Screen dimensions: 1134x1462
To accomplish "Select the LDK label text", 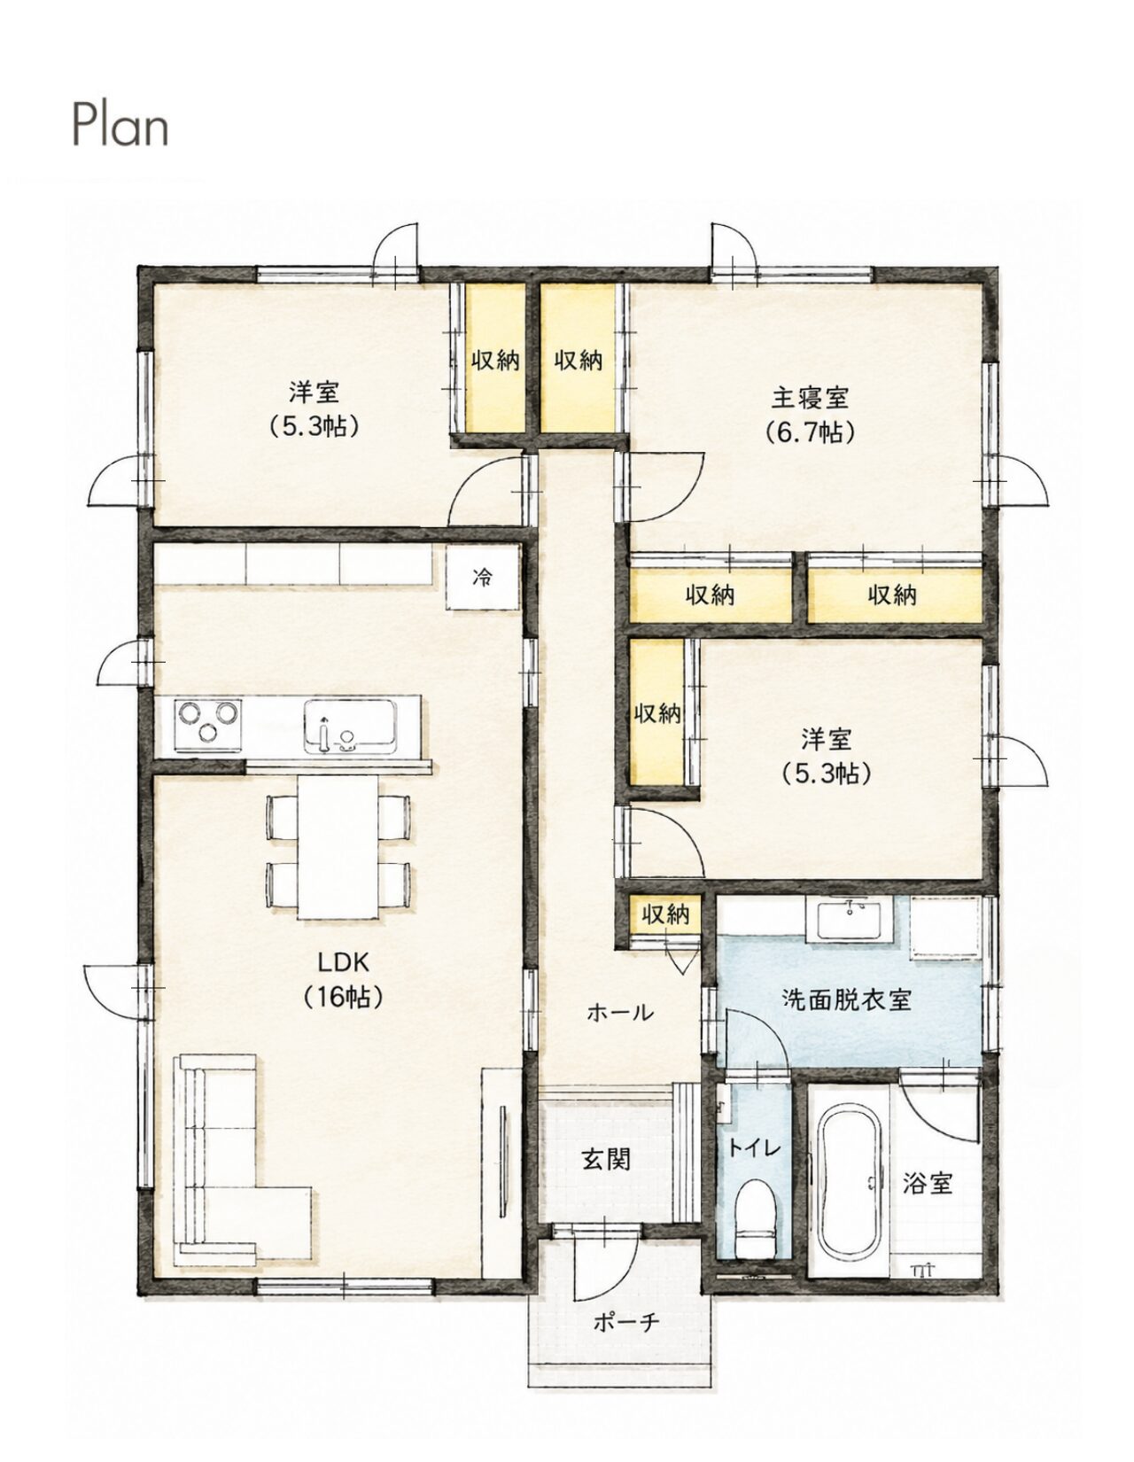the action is [x=343, y=963].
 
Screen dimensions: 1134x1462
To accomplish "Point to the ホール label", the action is [x=619, y=1030].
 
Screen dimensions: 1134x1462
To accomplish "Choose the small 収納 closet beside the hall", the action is [x=665, y=915].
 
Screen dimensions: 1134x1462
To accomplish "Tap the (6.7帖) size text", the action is [x=809, y=432].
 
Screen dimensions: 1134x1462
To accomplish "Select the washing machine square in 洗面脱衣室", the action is [x=945, y=927].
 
